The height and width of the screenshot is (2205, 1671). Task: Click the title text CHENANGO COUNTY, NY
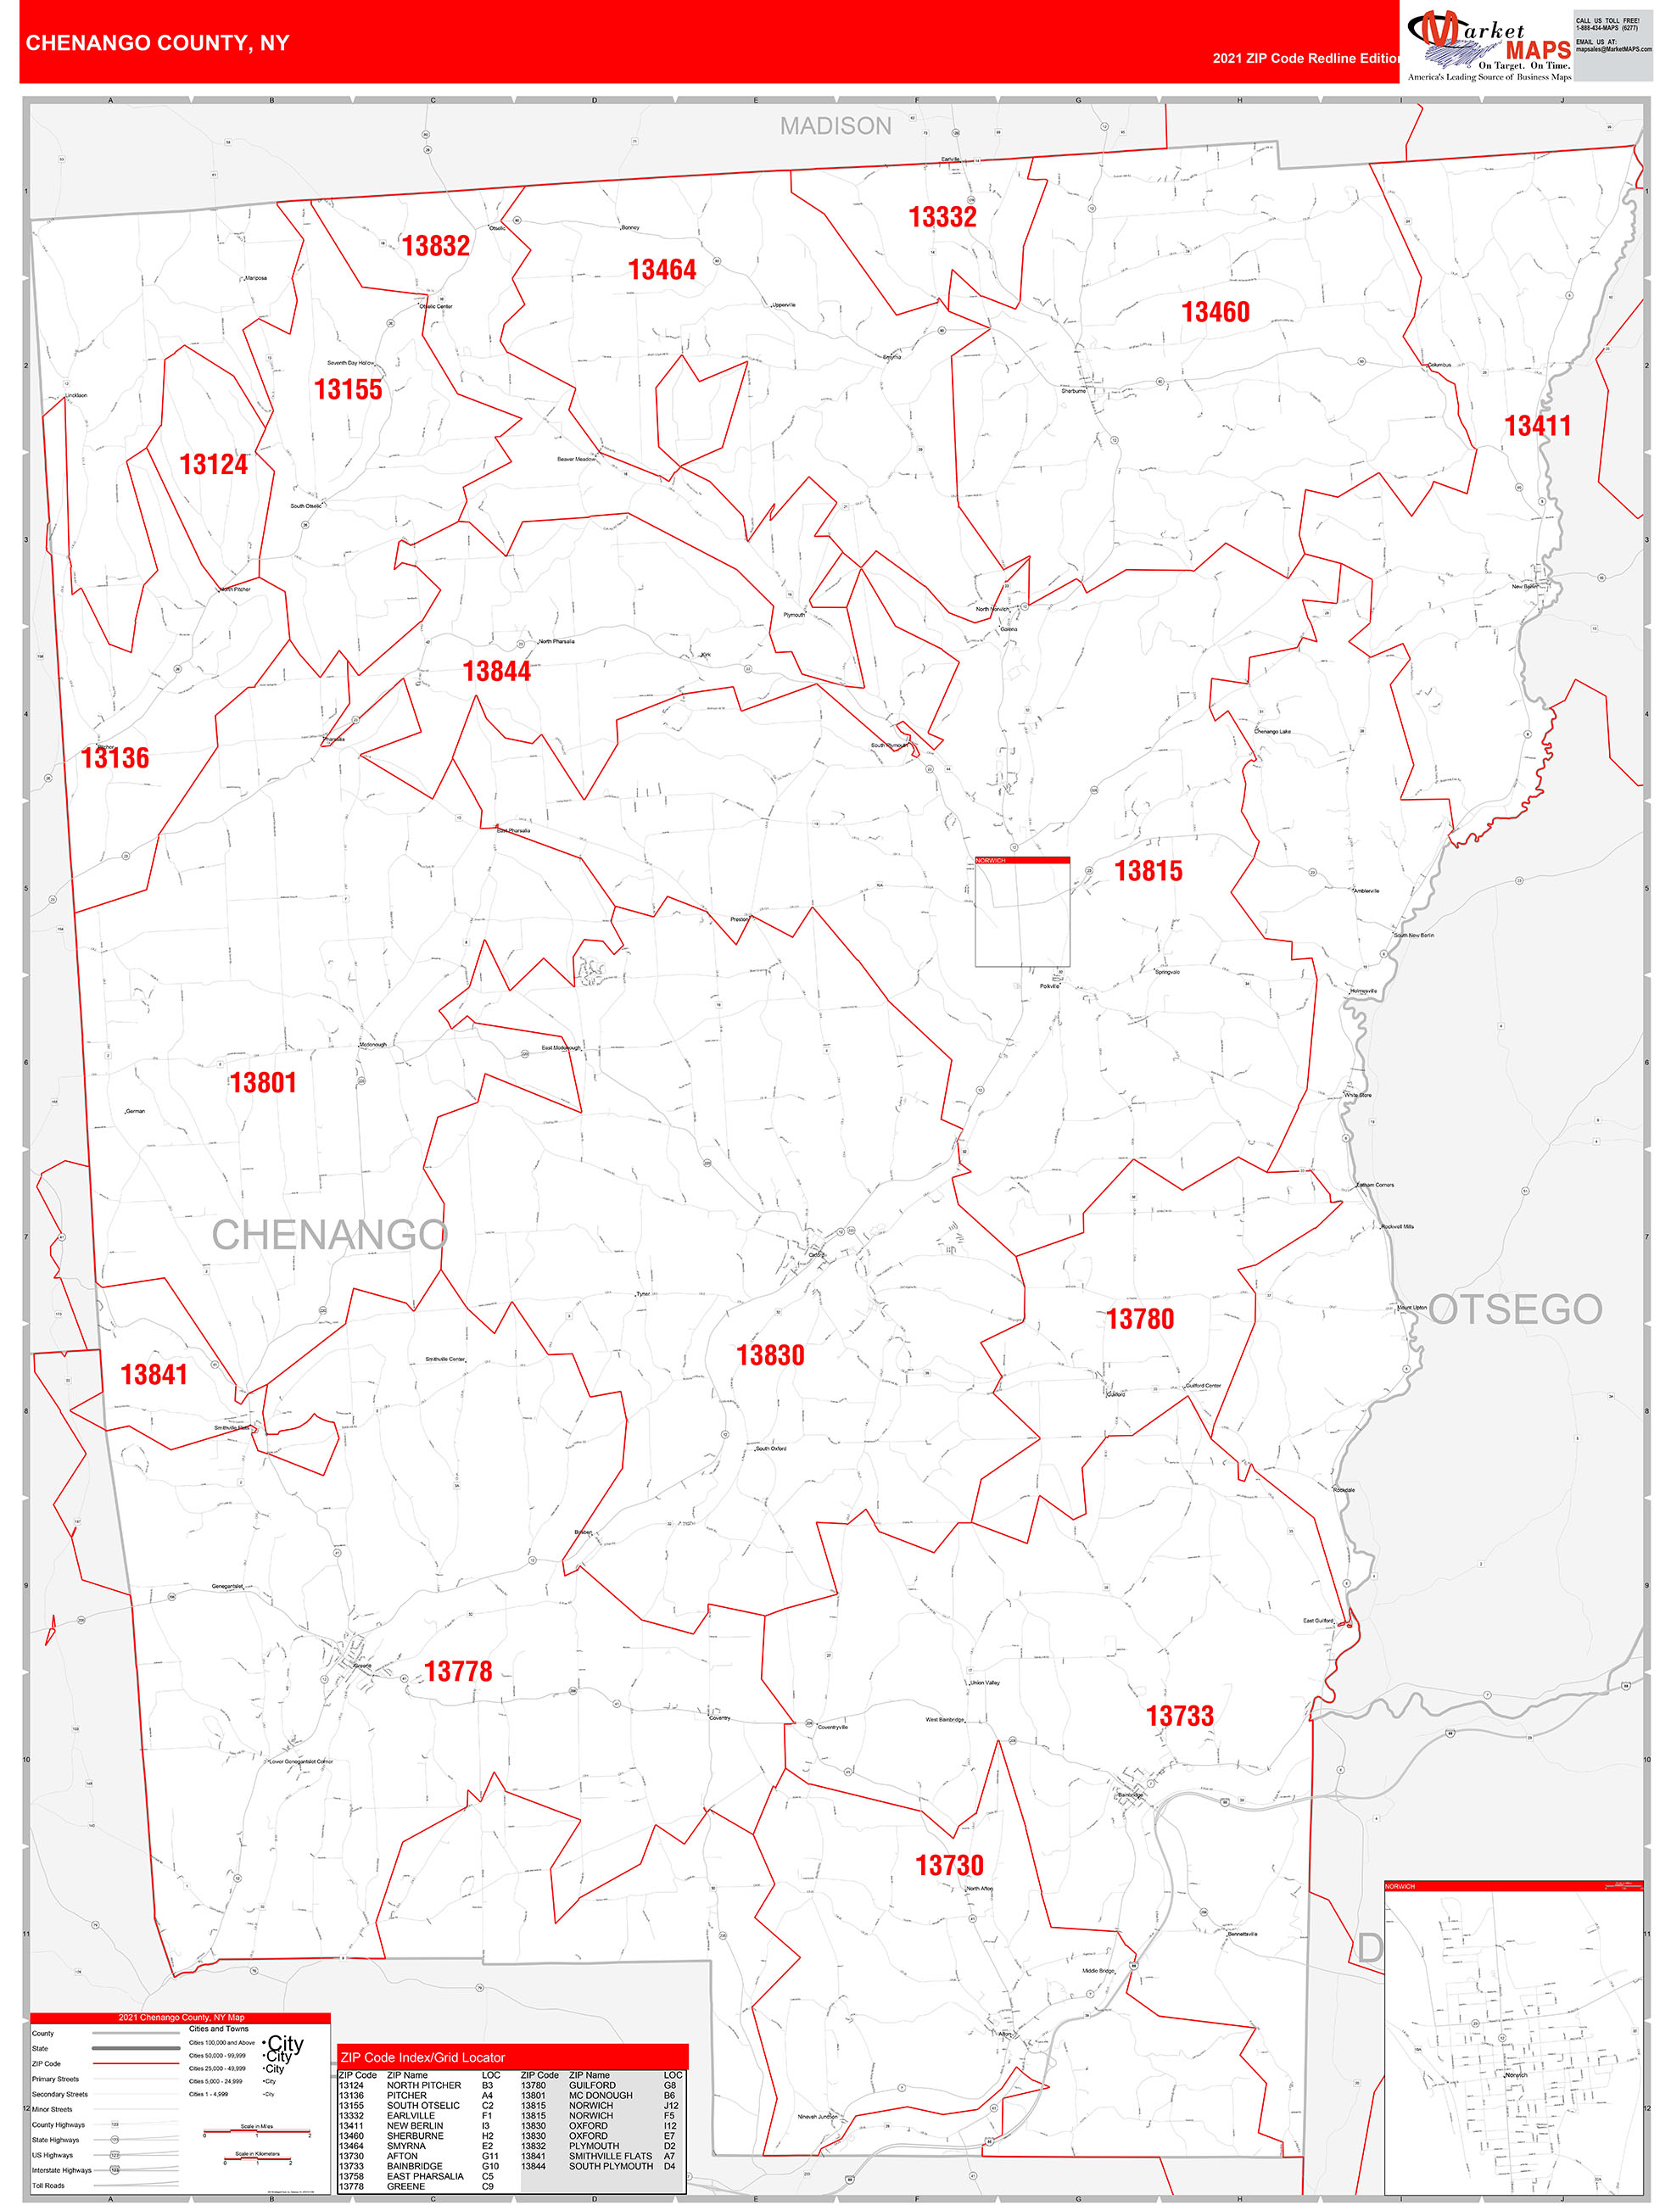[x=158, y=43]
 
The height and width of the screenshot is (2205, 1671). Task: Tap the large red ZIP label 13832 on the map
[x=436, y=246]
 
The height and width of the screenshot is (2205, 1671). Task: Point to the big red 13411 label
[x=1537, y=427]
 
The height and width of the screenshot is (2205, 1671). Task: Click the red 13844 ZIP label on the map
[x=496, y=672]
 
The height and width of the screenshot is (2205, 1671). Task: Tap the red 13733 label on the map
[x=1181, y=1717]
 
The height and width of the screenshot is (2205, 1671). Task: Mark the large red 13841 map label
[x=154, y=1376]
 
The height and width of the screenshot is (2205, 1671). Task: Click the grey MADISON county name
[x=835, y=126]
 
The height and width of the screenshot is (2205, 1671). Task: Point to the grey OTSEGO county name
[x=1516, y=1309]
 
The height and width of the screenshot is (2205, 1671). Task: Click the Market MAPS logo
[x=1489, y=45]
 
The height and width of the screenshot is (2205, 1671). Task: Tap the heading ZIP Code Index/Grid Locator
[x=422, y=2057]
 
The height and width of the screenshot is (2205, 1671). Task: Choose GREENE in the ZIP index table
[x=405, y=2186]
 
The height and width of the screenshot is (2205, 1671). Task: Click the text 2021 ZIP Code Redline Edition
[x=1306, y=59]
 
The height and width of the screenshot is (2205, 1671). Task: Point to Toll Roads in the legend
[x=49, y=2185]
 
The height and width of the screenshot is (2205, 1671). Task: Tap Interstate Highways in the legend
[x=62, y=2170]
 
